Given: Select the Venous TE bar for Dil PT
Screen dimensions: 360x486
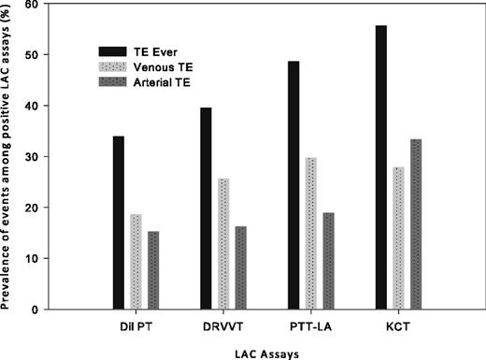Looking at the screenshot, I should click(136, 262).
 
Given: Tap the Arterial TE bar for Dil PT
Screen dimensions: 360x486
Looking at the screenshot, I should click(153, 270).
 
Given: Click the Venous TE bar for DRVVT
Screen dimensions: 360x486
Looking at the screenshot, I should click(223, 244).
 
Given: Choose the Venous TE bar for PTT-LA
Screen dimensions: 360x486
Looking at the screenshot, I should click(311, 234).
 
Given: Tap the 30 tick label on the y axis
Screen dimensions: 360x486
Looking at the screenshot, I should click(39, 157).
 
